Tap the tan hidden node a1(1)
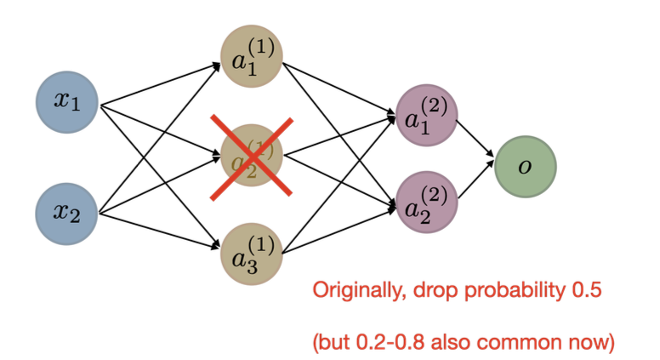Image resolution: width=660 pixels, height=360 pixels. click(252, 57)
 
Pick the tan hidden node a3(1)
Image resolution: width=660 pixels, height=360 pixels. click(252, 253)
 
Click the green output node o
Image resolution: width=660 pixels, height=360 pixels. click(526, 167)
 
